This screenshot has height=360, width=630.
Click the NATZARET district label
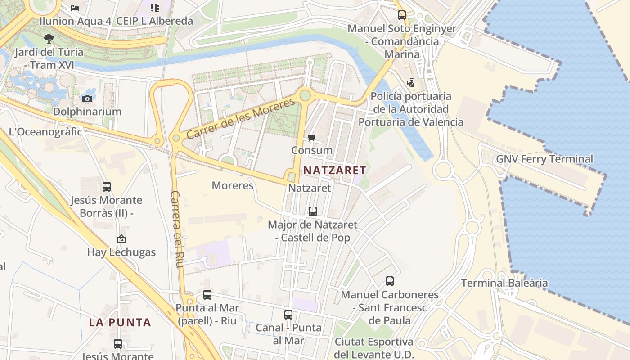pyautogui.click(x=334, y=170)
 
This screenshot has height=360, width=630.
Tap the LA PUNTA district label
pyautogui.click(x=120, y=322)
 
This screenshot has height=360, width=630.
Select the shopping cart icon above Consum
pyautogui.click(x=312, y=137)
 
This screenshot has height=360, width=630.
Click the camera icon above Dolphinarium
pyautogui.click(x=87, y=99)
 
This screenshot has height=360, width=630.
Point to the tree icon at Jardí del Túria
pyautogui.click(x=49, y=39)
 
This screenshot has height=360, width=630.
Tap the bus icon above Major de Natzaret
pyautogui.click(x=312, y=211)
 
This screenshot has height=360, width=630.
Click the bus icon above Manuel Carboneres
pyautogui.click(x=390, y=281)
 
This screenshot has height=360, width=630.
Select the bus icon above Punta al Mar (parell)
pyautogui.click(x=207, y=295)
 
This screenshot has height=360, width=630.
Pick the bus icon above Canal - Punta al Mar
pyautogui.click(x=288, y=315)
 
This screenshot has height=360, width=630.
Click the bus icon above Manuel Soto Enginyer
pyautogui.click(x=402, y=15)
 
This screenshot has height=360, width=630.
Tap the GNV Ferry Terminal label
pyautogui.click(x=544, y=159)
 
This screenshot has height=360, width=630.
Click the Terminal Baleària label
pyautogui.click(x=504, y=283)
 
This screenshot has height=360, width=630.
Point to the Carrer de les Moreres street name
pyautogui.click(x=241, y=118)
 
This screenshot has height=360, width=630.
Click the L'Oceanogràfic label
pyautogui.click(x=45, y=132)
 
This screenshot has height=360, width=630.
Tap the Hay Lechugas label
pyautogui.click(x=121, y=252)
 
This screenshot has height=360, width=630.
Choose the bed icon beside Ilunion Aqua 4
pyautogui.click(x=75, y=8)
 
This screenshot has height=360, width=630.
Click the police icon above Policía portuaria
pyautogui.click(x=410, y=82)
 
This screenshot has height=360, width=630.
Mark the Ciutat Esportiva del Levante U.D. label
pyautogui.click(x=374, y=348)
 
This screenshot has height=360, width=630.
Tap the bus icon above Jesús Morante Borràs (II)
pyautogui.click(x=107, y=186)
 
